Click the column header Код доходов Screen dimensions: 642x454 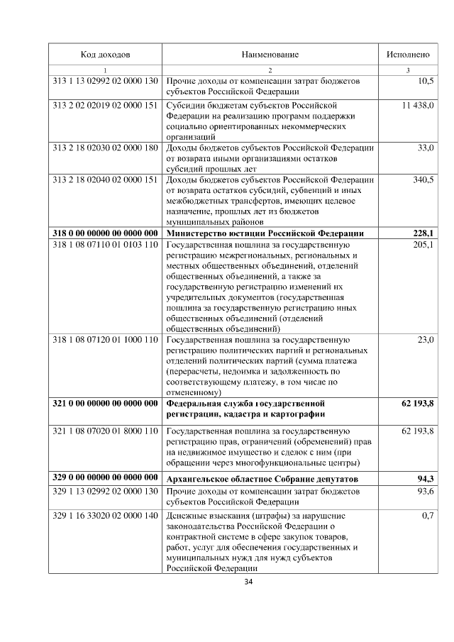point(105,55)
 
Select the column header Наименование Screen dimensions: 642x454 point(270,55)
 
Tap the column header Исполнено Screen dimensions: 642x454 point(408,55)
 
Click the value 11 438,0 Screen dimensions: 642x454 point(418,105)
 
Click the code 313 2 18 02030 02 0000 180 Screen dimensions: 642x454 point(105,148)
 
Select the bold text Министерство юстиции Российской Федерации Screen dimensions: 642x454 point(265,233)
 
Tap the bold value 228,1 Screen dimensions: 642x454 point(423,233)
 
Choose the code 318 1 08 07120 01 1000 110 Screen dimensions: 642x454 point(105,340)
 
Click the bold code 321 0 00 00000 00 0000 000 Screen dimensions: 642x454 point(105,404)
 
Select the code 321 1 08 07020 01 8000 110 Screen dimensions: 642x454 point(105,431)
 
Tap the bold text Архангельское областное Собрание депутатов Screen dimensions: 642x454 point(262,480)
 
